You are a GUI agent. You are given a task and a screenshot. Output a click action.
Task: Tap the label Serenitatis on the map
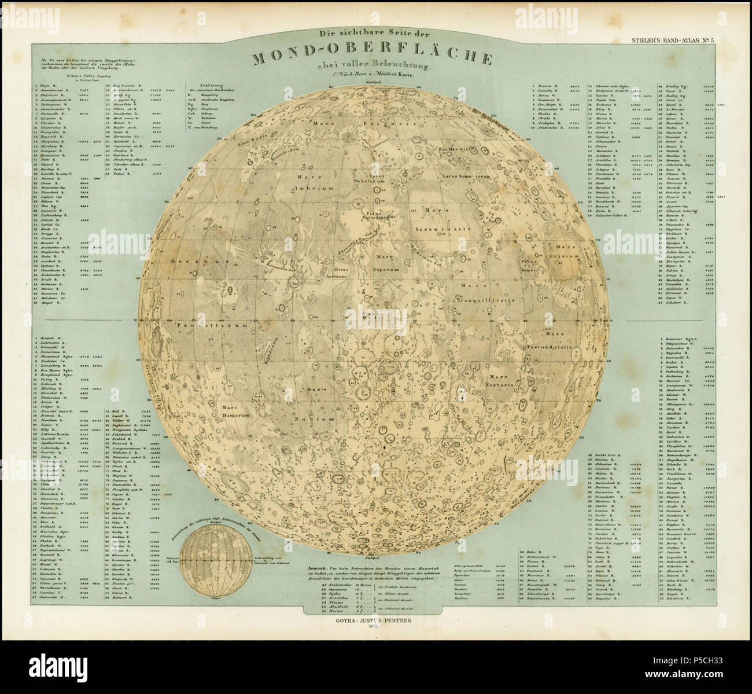point(446,229)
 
